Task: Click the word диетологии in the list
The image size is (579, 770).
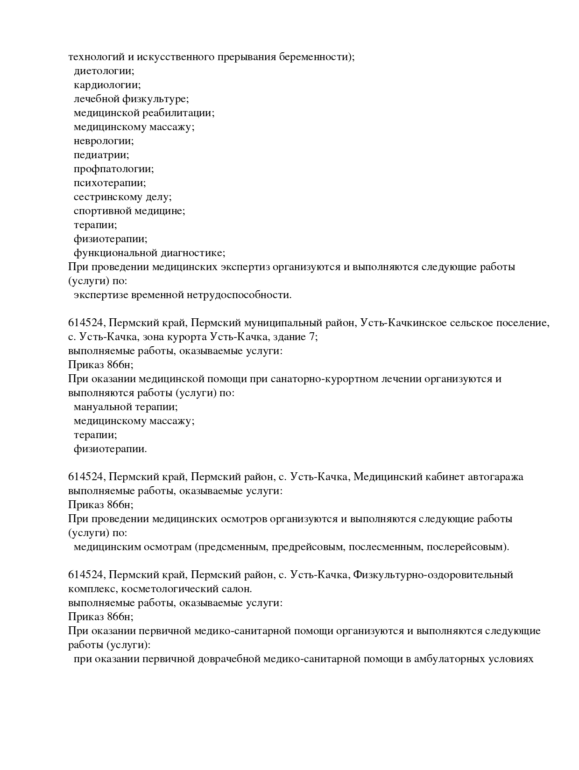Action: [x=104, y=71]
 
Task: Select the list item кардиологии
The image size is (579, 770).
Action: [x=107, y=85]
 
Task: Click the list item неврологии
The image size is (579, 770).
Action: [x=104, y=141]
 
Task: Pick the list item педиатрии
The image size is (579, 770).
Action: [x=101, y=155]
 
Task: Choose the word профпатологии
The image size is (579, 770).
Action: [x=113, y=169]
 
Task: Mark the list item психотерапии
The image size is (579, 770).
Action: [x=110, y=183]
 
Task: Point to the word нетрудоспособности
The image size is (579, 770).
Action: [x=239, y=295]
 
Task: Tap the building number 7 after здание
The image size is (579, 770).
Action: [x=312, y=337]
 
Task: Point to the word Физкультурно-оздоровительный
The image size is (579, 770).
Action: [x=433, y=575]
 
